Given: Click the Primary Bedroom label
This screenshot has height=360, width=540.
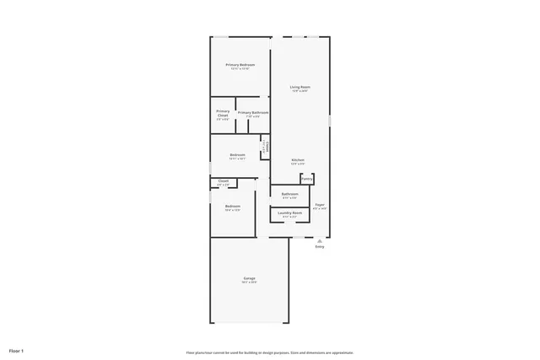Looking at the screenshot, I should (240, 65).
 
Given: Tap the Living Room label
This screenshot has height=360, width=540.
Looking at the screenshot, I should (300, 87).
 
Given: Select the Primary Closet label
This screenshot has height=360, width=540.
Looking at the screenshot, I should (223, 113).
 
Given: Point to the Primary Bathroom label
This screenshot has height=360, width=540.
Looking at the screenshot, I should (253, 112).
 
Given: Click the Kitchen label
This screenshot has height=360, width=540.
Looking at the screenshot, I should (298, 160).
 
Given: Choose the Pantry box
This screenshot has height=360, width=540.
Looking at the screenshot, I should (307, 179).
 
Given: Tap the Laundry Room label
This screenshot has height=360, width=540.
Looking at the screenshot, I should (290, 213).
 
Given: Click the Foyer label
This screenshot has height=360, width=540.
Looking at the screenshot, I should (320, 204).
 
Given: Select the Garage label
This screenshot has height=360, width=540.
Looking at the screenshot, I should (250, 278).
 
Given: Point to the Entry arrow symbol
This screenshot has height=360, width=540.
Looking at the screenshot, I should (320, 240).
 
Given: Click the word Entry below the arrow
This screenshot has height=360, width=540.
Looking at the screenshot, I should (320, 247).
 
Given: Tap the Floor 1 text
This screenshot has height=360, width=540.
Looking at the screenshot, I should (17, 350).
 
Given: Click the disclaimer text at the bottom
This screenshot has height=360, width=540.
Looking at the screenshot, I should (270, 352).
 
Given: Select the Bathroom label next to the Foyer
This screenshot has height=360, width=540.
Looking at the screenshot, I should (290, 194).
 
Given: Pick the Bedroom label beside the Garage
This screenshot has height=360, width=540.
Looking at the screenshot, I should (233, 207).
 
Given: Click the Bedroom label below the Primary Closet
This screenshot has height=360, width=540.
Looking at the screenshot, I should (238, 154).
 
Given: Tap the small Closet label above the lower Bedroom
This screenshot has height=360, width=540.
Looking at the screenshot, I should (224, 181).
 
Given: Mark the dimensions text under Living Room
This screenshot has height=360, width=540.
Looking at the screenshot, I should (300, 91).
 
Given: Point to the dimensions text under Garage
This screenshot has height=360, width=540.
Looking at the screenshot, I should (250, 282).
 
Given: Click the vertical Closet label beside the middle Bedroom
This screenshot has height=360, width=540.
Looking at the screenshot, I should (265, 147).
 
